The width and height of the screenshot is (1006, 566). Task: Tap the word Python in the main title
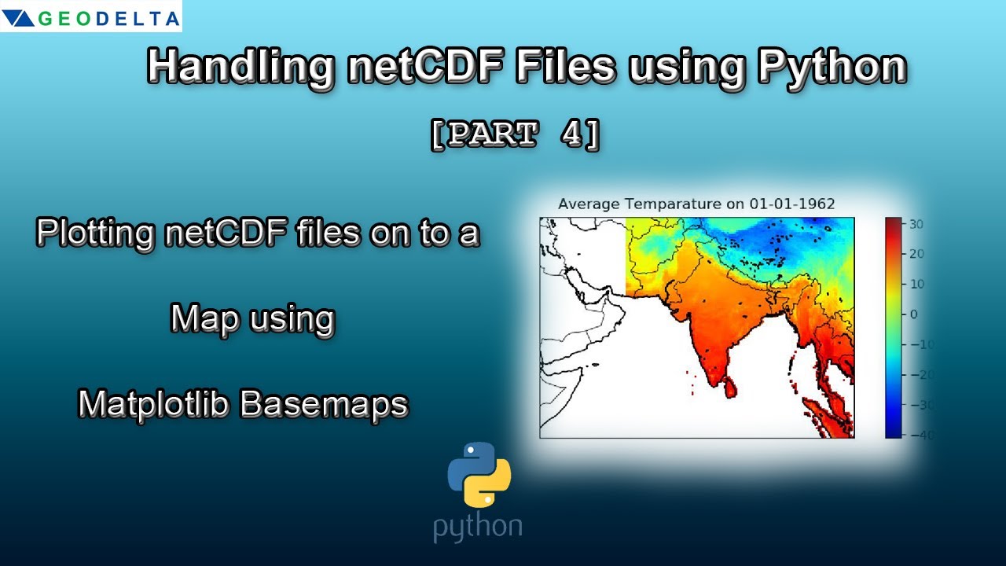coord(832,68)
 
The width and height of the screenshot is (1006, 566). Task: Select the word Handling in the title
coord(240,68)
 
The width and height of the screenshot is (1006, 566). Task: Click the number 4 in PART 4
coord(571,134)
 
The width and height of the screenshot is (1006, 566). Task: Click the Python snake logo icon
coord(479,474)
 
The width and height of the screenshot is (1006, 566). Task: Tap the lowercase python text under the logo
coord(478,527)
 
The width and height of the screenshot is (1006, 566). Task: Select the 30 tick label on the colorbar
coord(916,224)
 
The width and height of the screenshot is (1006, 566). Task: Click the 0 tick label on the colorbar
coord(914,314)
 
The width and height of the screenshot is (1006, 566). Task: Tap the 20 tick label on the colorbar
coord(916,254)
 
